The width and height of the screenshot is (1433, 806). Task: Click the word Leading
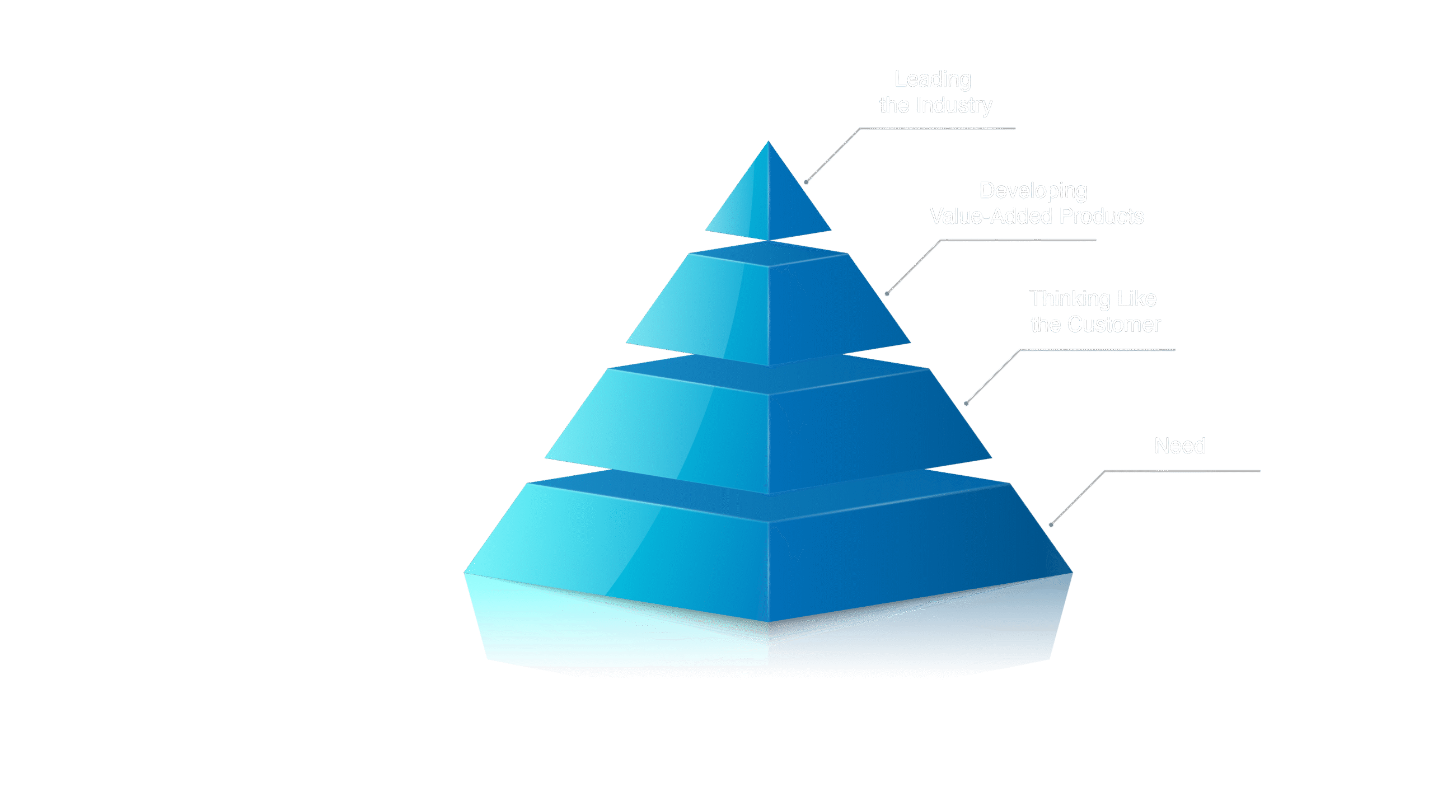[933, 79]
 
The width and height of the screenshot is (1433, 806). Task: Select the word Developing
[1033, 191]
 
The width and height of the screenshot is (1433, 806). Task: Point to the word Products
[1102, 217]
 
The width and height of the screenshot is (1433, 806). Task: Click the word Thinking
[1070, 299]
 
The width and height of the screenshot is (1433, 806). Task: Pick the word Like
[1137, 299]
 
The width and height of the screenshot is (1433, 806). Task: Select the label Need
[1179, 446]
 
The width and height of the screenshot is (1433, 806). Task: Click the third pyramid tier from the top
[769, 431]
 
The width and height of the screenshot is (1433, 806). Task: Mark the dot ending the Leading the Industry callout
[806, 182]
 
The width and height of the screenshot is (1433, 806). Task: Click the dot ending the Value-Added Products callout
[887, 293]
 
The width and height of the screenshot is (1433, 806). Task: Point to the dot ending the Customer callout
[967, 403]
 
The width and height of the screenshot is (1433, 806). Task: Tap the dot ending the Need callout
[1051, 524]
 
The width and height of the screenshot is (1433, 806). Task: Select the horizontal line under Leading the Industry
[938, 129]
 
